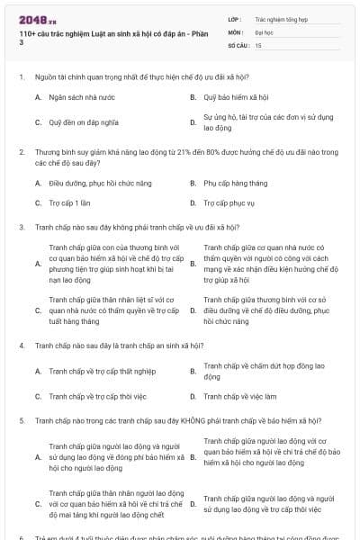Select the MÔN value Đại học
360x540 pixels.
point(265,31)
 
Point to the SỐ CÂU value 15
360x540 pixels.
point(258,44)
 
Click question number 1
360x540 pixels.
point(21,77)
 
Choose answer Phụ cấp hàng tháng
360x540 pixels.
point(233,183)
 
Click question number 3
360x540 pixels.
point(21,227)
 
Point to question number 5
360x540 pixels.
point(21,420)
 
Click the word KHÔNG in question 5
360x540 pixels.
point(175,420)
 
